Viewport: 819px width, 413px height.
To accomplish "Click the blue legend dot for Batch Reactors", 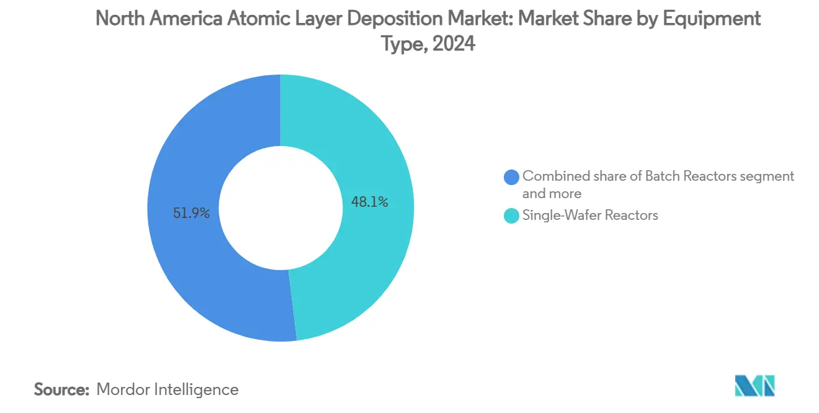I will (x=511, y=177).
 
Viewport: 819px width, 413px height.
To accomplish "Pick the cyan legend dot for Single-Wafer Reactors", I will (x=511, y=216).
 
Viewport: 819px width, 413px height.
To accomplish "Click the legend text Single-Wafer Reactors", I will (x=589, y=216).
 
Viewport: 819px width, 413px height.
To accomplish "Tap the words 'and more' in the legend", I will (x=552, y=193).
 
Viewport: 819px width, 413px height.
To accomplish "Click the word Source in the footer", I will (x=61, y=389).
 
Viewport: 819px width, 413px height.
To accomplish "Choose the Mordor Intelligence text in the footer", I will (x=168, y=389).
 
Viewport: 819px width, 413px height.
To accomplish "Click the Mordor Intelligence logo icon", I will (x=754, y=386).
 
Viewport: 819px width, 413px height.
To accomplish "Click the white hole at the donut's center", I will (x=281, y=208).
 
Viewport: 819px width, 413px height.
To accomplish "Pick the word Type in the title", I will (x=404, y=43).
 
